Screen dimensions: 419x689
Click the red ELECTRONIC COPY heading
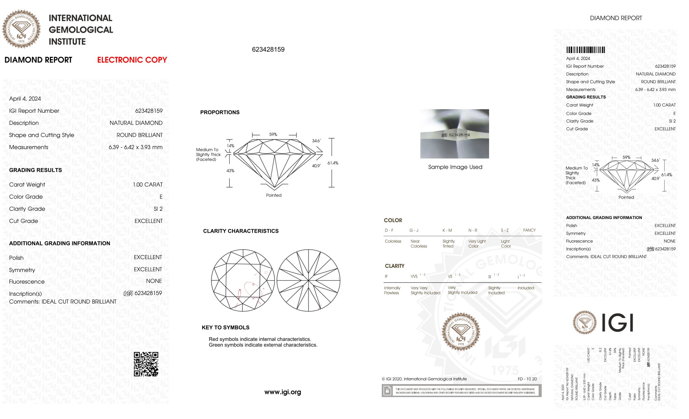tap(132, 60)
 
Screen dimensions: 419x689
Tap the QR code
tap(146, 364)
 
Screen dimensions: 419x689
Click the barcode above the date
tap(585, 50)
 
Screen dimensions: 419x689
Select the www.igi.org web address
tap(283, 392)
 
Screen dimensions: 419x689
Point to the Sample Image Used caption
tap(455, 167)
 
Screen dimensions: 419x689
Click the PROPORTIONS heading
tap(220, 112)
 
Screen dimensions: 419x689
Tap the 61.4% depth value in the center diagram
tap(333, 163)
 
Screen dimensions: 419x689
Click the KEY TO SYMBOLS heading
tap(226, 328)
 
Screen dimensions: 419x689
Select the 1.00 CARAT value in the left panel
tap(148, 185)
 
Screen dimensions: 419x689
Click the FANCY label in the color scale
tap(529, 230)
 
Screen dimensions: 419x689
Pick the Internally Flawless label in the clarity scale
tap(392, 290)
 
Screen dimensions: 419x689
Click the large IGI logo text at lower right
tap(617, 323)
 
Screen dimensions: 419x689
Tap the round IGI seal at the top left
tap(21, 29)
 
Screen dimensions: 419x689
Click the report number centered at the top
tap(268, 50)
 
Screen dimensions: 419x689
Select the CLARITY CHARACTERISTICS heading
tap(241, 231)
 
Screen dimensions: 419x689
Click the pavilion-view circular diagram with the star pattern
tap(308, 280)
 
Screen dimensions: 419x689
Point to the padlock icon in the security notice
tap(387, 391)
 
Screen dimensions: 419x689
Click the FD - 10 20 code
tap(527, 379)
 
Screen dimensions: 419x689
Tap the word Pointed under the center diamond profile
tap(274, 195)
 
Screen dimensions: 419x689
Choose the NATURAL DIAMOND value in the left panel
tap(136, 123)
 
